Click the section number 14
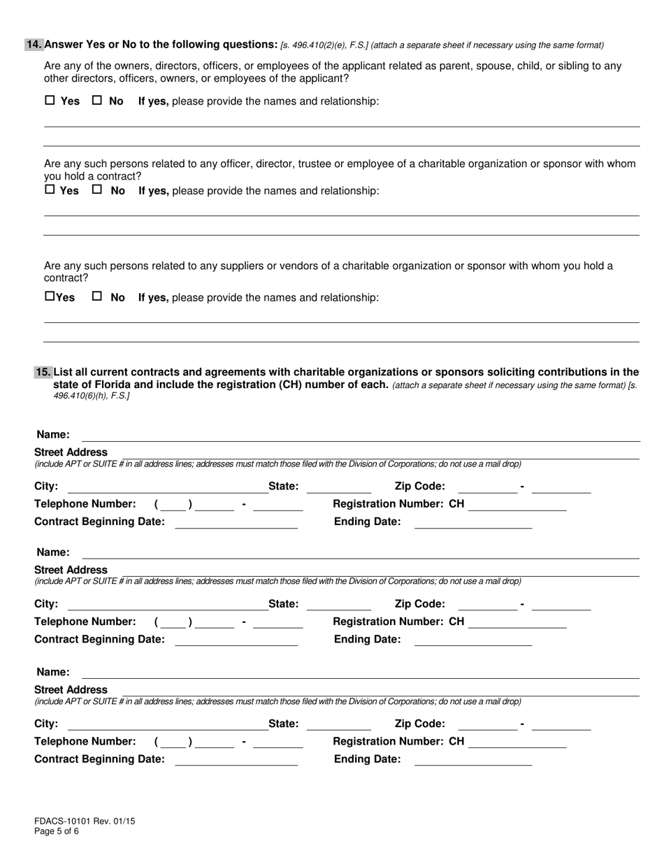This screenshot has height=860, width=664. coord(34,45)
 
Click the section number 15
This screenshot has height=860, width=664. coord(43,372)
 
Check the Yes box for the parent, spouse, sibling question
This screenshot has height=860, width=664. coord(50,100)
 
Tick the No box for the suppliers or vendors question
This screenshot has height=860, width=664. coord(97,296)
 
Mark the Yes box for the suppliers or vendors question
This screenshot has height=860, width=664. coord(50,296)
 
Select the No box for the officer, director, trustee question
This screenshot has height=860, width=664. coord(97,189)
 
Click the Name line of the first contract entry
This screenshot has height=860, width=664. coord(361,436)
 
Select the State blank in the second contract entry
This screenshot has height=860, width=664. coord(339,604)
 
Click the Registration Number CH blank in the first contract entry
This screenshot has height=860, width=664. coord(517,505)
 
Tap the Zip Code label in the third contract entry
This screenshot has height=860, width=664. coord(419,724)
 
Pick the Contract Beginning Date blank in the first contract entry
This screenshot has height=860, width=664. coord(236,522)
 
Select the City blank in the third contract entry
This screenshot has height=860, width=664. coord(168,724)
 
